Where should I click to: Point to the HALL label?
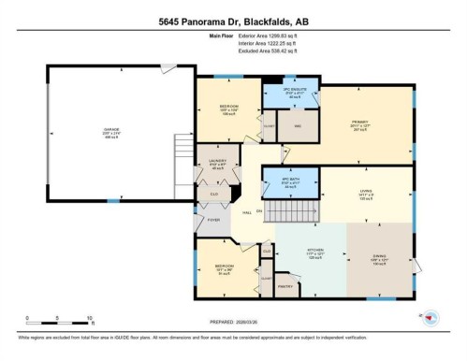pyautogui.click(x=246, y=212)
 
